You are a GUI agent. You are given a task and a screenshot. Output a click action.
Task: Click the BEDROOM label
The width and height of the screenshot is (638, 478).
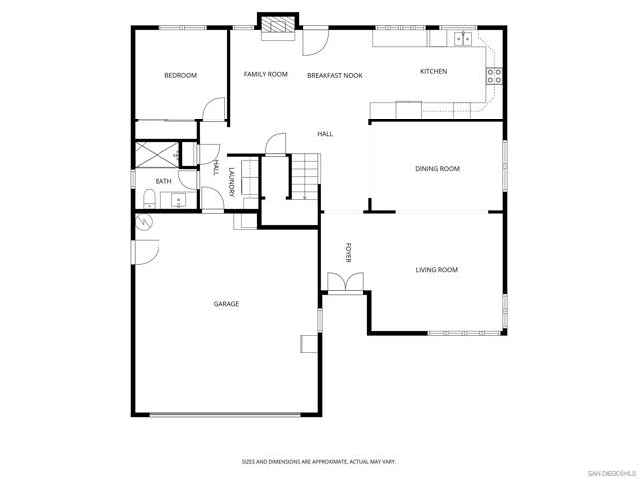tap(180, 76)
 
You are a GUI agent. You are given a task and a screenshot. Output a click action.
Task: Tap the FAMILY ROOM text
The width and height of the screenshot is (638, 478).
tap(266, 74)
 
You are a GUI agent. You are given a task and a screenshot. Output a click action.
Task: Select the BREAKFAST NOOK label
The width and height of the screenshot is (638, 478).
tap(334, 75)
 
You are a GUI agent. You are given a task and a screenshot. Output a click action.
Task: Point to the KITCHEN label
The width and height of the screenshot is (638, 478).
tap(433, 71)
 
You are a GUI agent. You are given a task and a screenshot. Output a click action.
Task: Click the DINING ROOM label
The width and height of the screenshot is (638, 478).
tap(437, 169)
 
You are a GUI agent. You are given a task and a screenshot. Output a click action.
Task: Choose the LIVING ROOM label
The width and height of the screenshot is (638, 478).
tap(436, 270)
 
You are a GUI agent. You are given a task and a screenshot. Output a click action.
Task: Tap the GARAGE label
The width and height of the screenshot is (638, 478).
tap(226, 303)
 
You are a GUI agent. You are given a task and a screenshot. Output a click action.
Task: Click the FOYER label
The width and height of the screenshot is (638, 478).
tap(349, 252)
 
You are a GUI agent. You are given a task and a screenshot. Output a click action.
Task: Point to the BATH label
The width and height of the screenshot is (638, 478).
tap(163, 181)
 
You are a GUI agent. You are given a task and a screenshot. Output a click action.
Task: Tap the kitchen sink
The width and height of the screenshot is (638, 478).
tap(463, 39)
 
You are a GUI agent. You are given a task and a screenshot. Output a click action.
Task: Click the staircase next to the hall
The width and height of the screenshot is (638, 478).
tap(305, 176)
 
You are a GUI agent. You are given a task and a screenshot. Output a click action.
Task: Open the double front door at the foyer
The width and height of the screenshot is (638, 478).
tap(346, 283)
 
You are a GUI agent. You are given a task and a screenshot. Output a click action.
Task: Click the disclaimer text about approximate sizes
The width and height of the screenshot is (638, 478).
tap(319, 461)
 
